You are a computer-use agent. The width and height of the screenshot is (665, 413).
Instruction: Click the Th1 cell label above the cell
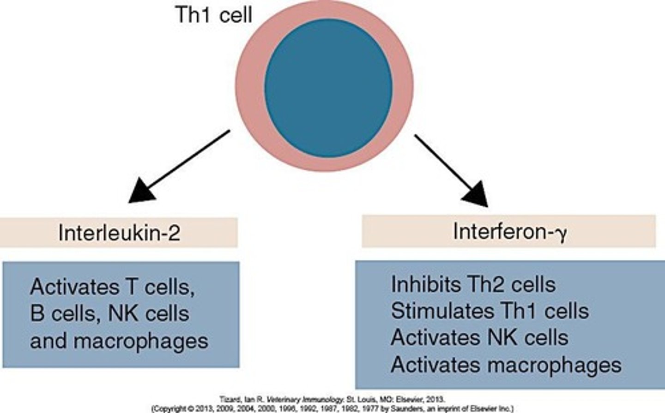click(214, 15)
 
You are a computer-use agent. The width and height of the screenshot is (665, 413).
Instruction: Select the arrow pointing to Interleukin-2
click(180, 166)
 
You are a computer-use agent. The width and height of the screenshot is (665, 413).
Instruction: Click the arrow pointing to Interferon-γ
click(450, 169)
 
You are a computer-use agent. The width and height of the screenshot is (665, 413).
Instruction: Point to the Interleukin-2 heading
click(119, 233)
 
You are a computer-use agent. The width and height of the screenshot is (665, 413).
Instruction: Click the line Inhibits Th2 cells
click(473, 284)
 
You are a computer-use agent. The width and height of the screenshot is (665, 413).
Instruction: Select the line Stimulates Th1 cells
click(490, 311)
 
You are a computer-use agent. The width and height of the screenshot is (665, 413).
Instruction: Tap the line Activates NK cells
click(479, 338)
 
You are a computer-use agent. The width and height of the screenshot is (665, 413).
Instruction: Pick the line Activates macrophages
click(506, 365)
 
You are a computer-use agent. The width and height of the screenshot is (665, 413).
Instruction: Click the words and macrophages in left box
click(119, 341)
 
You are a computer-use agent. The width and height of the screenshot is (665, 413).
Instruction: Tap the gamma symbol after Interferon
click(561, 233)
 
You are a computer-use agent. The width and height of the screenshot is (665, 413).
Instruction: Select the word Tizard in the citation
click(228, 399)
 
